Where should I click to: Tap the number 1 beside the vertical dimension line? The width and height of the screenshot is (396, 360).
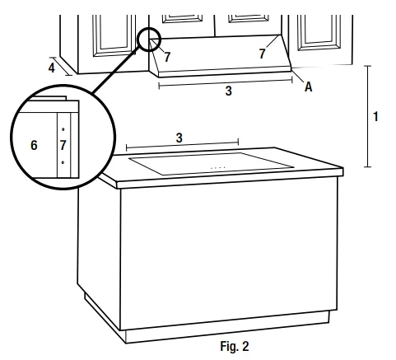click(375, 116)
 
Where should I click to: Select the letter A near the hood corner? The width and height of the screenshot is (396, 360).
click(309, 87)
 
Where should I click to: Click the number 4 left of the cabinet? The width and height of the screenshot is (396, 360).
click(52, 68)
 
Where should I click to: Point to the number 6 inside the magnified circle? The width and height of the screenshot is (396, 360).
click(34, 145)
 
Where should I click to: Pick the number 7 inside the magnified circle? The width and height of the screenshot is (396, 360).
click(63, 145)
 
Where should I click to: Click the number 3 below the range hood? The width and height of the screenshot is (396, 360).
click(228, 92)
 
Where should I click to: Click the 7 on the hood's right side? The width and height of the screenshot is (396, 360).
click(263, 53)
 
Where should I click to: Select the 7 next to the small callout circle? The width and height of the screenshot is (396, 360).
click(166, 58)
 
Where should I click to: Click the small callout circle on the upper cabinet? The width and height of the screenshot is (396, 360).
click(149, 40)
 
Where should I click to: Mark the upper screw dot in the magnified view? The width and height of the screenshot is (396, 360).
click(63, 129)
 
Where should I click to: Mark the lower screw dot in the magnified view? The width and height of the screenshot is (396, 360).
click(63, 163)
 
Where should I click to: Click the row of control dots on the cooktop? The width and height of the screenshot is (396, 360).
click(218, 168)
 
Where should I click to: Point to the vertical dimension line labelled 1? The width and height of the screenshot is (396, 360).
click(367, 116)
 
